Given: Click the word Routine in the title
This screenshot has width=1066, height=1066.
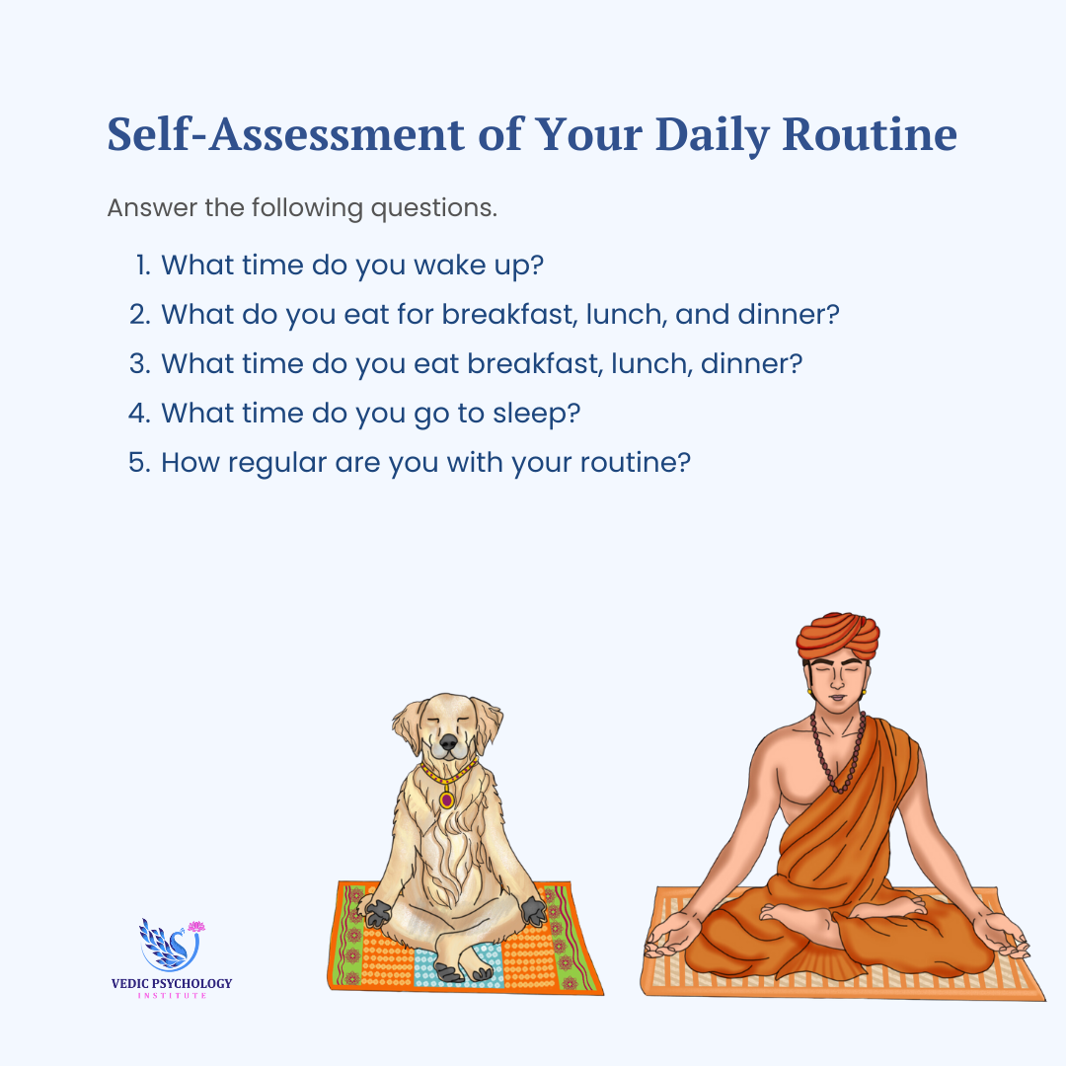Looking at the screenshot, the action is [x=870, y=134].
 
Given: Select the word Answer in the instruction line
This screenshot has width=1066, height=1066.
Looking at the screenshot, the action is [x=152, y=207].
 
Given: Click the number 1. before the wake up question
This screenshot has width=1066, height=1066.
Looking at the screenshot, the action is [x=143, y=266].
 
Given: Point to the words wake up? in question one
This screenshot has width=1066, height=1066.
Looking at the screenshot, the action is [x=479, y=266].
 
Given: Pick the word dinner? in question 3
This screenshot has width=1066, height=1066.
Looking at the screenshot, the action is [x=752, y=363].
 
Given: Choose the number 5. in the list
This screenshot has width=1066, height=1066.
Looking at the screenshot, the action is [x=139, y=462].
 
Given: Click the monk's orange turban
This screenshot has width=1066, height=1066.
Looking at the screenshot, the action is [x=838, y=636].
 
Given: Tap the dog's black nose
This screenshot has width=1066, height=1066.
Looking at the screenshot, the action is [x=448, y=741].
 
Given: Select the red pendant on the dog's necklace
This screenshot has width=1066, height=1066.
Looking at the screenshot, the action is [x=447, y=800].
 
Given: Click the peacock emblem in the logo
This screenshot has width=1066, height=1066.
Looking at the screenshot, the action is [x=170, y=946].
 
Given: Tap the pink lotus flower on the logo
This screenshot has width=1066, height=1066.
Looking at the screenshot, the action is [x=195, y=927].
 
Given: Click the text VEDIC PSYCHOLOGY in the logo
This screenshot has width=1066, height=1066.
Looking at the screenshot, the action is [x=172, y=983].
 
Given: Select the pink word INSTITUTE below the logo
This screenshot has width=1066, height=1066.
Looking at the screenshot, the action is [x=172, y=995].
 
